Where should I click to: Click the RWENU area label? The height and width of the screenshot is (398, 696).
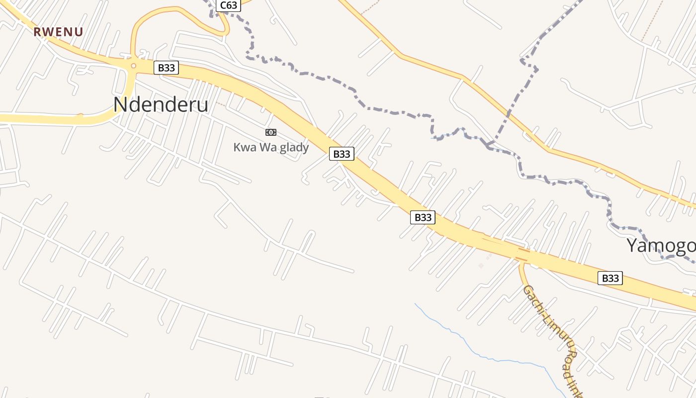point(58,32)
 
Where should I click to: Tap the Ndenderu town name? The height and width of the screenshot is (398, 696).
point(161,105)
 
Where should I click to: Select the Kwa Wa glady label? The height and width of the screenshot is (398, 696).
point(271,147)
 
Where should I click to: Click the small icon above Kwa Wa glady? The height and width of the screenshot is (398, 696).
point(271,132)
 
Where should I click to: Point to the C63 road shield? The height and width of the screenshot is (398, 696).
point(229,5)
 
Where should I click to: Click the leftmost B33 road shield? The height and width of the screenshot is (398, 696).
point(166,68)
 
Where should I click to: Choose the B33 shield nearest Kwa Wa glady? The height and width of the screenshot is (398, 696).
point(342,154)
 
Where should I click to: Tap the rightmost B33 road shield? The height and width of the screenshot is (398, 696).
point(610,278)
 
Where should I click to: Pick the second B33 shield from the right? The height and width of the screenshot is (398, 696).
point(423,217)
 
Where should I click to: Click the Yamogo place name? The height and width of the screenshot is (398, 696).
point(661,246)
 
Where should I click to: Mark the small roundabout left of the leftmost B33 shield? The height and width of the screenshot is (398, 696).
point(133,66)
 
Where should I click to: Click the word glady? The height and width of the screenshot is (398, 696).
point(293,147)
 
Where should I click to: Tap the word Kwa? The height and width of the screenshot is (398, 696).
point(244,147)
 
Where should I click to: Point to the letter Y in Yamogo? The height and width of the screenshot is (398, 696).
point(632,246)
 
